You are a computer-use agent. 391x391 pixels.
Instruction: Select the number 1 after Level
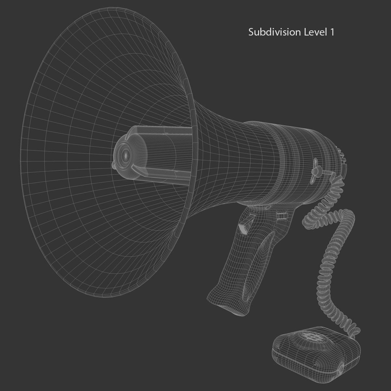332,32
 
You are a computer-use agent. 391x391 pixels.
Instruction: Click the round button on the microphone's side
341,369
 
